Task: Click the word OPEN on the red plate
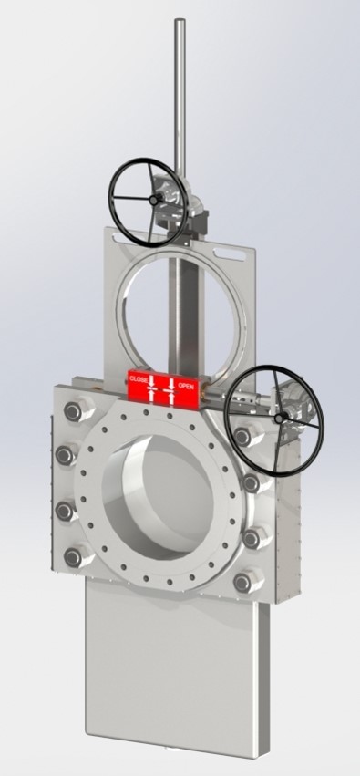click(186, 387)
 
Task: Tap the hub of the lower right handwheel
click(279, 419)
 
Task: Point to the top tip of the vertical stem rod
click(180, 20)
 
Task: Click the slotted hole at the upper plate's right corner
click(230, 255)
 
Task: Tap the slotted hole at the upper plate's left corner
click(118, 239)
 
